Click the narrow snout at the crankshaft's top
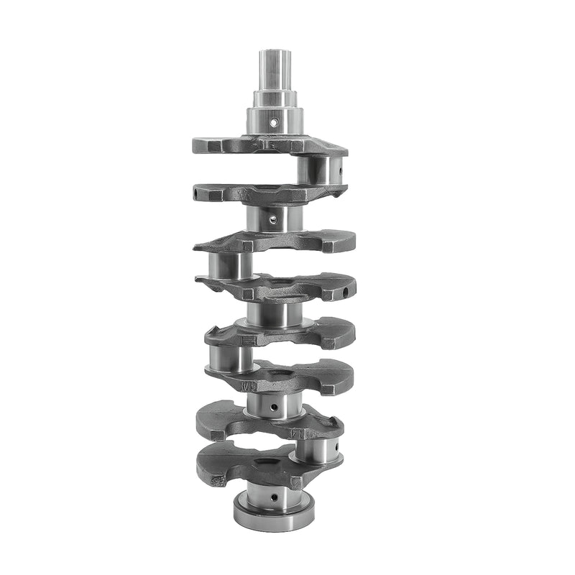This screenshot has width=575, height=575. [275, 69]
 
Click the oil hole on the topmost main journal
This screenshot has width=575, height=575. [273, 123]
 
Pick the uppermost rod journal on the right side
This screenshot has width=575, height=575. [321, 170]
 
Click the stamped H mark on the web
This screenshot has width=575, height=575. [248, 340]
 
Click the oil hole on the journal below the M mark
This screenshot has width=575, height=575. [275, 409]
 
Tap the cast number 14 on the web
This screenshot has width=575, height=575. [295, 433]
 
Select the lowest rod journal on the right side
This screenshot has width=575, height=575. [316, 450]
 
